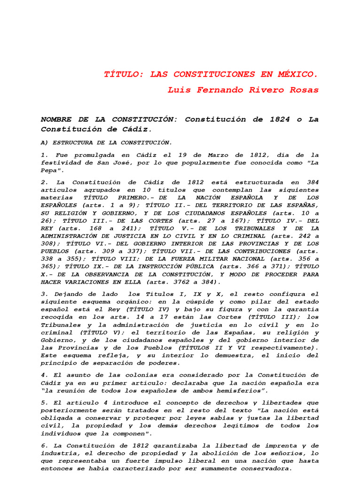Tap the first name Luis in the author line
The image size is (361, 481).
click(178, 90)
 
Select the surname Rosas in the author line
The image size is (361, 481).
click(303, 90)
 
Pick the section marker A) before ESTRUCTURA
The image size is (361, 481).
click(45, 142)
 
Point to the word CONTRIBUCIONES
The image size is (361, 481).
click(268, 251)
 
